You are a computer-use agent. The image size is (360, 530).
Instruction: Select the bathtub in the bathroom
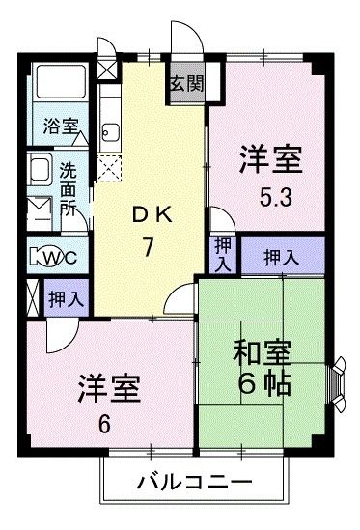tap(60, 86)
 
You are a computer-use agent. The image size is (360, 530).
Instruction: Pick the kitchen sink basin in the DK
tap(108, 132)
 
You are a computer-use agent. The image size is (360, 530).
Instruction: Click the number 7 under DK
tap(149, 247)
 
